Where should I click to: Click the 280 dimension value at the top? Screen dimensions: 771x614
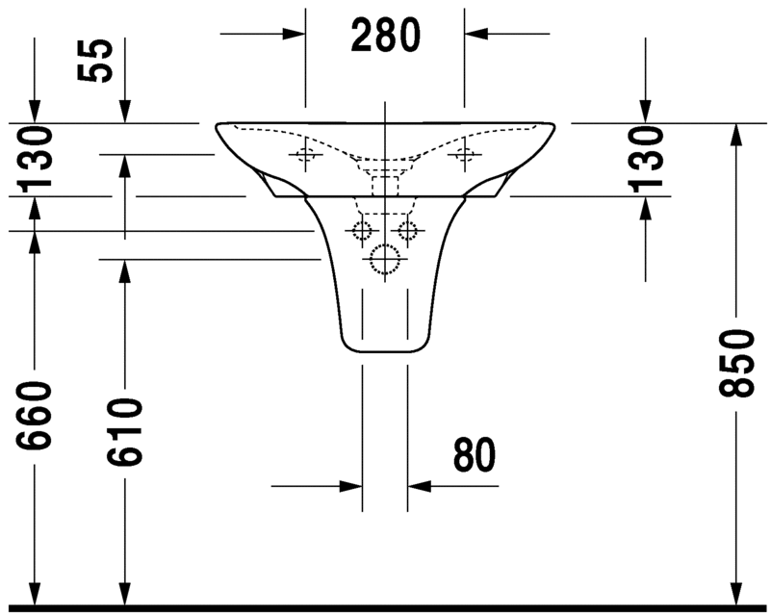(x=385, y=35)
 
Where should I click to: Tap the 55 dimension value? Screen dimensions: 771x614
(x=95, y=60)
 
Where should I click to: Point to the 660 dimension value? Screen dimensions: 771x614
(x=34, y=416)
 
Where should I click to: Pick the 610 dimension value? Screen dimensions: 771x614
(x=124, y=431)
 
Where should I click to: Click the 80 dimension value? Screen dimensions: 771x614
(x=474, y=454)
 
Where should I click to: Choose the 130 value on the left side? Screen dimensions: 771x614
(x=34, y=158)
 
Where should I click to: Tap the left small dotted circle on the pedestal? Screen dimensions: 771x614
(x=362, y=230)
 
